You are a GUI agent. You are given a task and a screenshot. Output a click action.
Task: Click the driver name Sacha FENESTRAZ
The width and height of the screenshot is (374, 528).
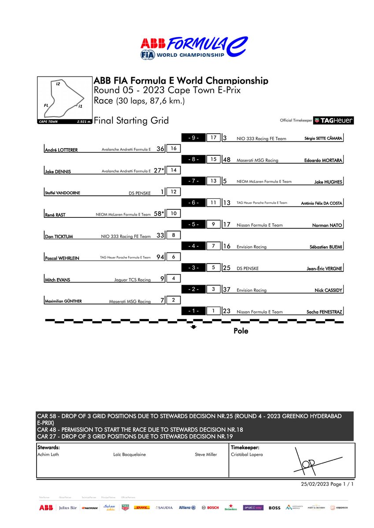click(x=324, y=312)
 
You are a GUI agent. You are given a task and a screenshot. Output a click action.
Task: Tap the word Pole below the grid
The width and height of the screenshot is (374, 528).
click(x=241, y=331)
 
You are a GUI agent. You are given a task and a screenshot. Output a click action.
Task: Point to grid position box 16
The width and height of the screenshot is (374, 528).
click(x=174, y=149)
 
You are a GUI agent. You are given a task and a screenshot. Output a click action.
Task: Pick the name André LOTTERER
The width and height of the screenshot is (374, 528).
click(x=61, y=150)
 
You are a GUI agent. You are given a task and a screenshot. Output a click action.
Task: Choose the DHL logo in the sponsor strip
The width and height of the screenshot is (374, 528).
click(x=142, y=507)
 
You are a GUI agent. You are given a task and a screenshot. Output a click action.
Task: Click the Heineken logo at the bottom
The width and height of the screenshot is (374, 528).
click(x=230, y=507)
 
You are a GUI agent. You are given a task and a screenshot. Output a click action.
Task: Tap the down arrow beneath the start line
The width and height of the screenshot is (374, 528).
click(x=193, y=327)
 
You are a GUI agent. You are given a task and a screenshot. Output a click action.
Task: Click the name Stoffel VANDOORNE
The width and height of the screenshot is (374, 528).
click(x=63, y=192)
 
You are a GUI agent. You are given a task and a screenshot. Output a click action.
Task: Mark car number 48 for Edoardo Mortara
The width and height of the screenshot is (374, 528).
click(x=227, y=160)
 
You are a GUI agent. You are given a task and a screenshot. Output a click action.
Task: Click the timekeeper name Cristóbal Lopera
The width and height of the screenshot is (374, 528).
click(x=247, y=455)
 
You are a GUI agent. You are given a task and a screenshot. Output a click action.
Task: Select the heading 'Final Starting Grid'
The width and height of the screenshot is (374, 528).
click(x=131, y=121)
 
